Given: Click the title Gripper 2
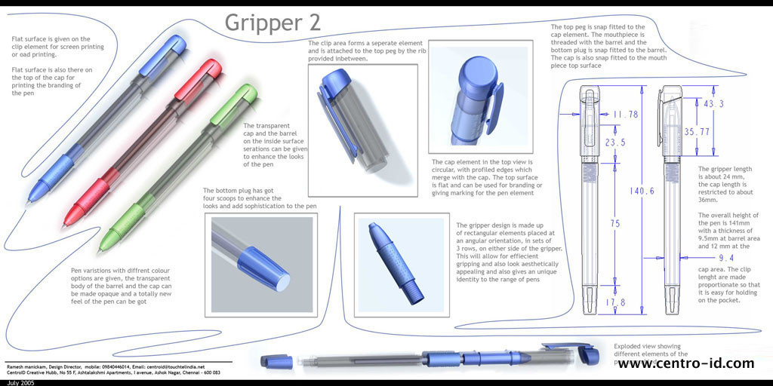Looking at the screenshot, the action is point(273,23).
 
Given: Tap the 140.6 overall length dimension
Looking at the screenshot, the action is point(642,191).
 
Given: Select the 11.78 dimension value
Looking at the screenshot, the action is point(626,115).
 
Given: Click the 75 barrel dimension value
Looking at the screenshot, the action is point(615,223).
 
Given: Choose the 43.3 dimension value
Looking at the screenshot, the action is point(713,104).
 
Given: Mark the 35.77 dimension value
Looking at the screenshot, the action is point(697,132).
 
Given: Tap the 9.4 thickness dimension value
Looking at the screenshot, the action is point(726,258).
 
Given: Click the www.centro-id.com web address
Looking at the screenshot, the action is point(685,364).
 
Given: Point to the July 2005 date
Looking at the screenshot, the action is point(17,382).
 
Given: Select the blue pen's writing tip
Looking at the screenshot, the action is point(29,201).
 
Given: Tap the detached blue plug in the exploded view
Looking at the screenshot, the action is point(276,361).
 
